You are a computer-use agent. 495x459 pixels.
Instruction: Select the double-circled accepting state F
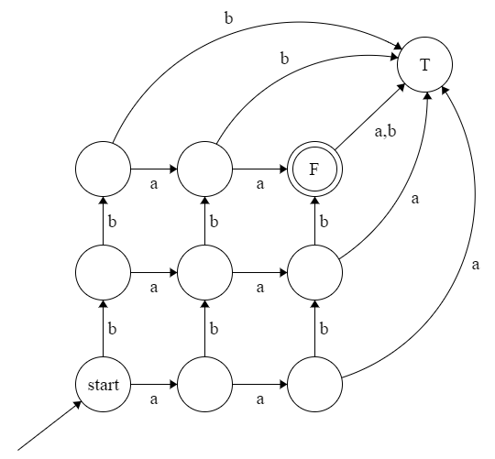pos(314,169)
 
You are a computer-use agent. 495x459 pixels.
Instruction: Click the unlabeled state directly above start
pos(104,272)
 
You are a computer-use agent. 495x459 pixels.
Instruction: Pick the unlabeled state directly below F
pos(314,272)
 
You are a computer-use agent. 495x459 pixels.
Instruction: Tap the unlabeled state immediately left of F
pos(204,169)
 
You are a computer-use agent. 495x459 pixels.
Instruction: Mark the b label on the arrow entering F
pos(324,221)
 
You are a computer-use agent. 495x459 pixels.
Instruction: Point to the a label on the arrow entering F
pos(260,184)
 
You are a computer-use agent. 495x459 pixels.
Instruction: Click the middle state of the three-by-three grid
pos(204,272)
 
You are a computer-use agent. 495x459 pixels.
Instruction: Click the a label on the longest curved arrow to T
pos(475,265)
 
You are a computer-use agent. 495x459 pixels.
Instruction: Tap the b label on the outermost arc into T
pos(228,16)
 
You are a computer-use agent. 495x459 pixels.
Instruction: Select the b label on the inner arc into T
pos(284,58)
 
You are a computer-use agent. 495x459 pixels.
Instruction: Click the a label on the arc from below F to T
pos(417,197)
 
